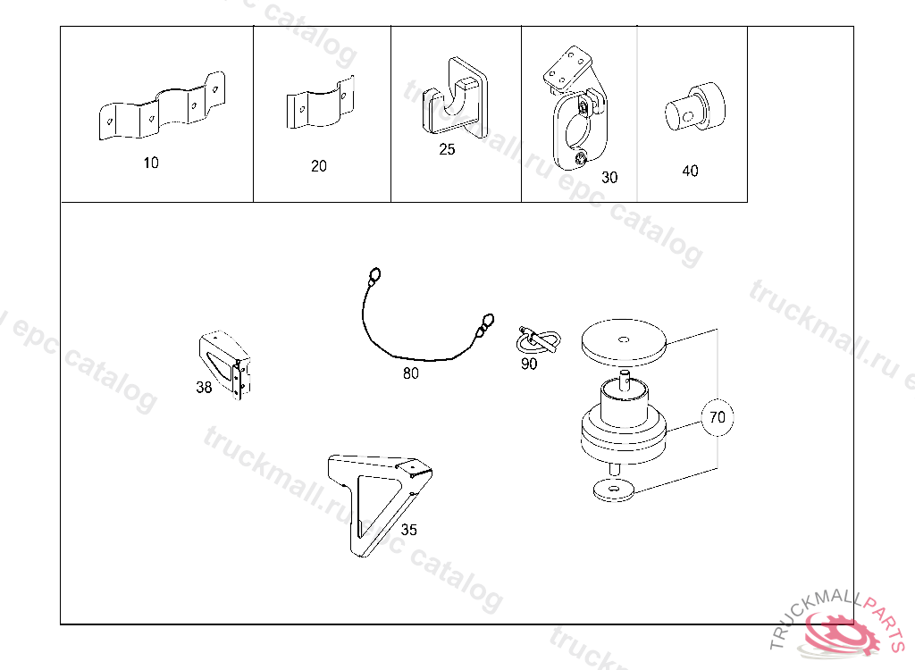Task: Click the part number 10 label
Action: coord(151,163)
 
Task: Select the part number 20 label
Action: coord(319,166)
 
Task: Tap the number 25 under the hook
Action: coord(447,149)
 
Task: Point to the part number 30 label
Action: coord(609,177)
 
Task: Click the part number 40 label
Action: coord(690,171)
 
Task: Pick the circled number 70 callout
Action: coord(718,417)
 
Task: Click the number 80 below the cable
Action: coord(410,373)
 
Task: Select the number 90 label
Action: coord(529,364)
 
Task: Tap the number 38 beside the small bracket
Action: coord(205,388)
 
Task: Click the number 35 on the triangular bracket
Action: coord(408,530)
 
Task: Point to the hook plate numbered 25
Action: coord(457,98)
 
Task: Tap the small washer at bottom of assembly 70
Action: coord(612,490)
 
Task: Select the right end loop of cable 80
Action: coord(487,318)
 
